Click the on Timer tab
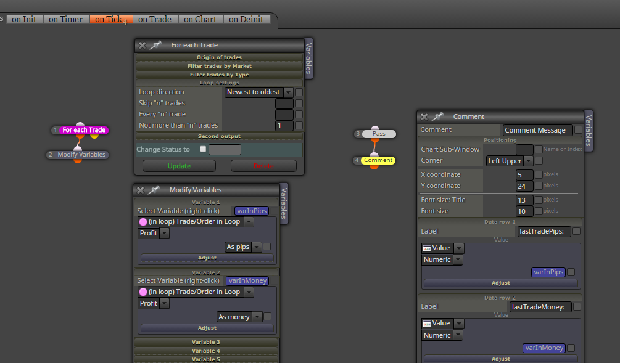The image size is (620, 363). pyautogui.click(x=65, y=19)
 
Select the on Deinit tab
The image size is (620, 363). pyautogui.click(x=246, y=19)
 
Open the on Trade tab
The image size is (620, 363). pyautogui.click(x=155, y=19)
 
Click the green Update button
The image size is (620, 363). pyautogui.click(x=179, y=166)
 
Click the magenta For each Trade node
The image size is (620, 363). pyautogui.click(x=84, y=130)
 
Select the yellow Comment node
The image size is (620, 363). pyautogui.click(x=378, y=160)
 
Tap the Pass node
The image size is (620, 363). pyautogui.click(x=379, y=134)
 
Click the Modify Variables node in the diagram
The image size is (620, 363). pyautogui.click(x=81, y=155)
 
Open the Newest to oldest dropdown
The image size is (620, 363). pyautogui.click(x=258, y=92)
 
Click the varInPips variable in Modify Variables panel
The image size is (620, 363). pyautogui.click(x=252, y=211)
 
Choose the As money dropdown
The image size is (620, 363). pyautogui.click(x=239, y=317)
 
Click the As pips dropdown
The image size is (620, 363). pyautogui.click(x=243, y=247)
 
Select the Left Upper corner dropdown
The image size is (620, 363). pyautogui.click(x=510, y=161)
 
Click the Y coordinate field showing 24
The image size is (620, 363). pyautogui.click(x=524, y=186)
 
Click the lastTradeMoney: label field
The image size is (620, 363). pyautogui.click(x=540, y=307)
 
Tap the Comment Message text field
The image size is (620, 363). pyautogui.click(x=537, y=130)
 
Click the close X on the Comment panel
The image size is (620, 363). pyautogui.click(x=424, y=117)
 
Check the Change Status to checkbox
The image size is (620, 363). pyautogui.click(x=203, y=149)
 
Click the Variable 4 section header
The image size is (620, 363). pyautogui.click(x=206, y=351)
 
